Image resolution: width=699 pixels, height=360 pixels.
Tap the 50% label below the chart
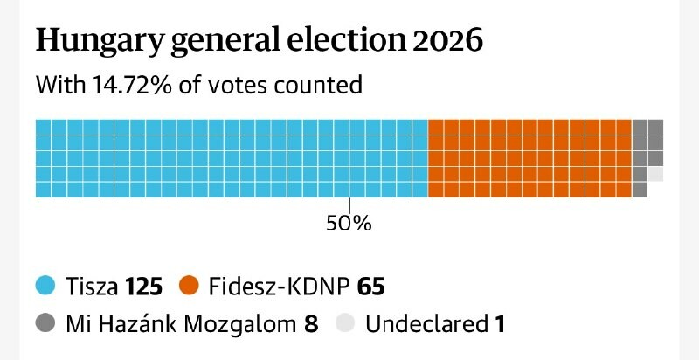(x=349, y=223)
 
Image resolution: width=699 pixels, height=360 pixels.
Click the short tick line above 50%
(x=349, y=205)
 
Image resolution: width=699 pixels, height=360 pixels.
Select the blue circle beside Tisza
(x=45, y=286)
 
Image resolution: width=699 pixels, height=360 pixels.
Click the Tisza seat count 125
(x=143, y=286)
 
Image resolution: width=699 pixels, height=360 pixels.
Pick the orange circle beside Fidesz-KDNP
(x=190, y=286)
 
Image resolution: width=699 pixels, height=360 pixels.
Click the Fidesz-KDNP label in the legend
(x=276, y=286)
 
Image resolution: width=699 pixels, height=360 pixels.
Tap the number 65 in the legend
(x=370, y=286)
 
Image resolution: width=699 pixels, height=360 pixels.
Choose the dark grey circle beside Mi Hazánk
(x=45, y=324)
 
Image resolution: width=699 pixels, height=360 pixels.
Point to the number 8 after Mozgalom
(x=311, y=325)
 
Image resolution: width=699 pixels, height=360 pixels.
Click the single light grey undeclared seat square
(x=655, y=174)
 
